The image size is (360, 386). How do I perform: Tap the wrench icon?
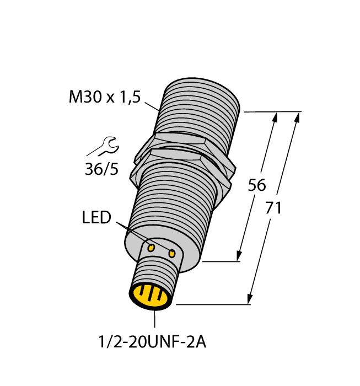click(x=103, y=146)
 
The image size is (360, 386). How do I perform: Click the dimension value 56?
click(x=257, y=185)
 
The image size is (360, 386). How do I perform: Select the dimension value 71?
click(x=274, y=208)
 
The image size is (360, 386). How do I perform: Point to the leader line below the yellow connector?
click(x=155, y=319)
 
